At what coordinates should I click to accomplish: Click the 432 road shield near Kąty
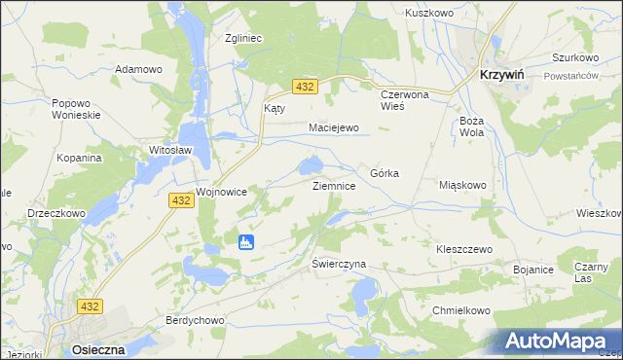coord(306,88)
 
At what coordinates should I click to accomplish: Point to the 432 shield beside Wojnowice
coord(180,199)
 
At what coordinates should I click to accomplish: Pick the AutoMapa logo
coord(558,341)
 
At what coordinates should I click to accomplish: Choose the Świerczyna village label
coord(338,264)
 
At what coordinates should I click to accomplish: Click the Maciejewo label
coord(334,127)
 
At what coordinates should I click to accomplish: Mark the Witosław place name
coord(168,151)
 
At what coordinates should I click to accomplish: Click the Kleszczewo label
coord(464,249)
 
